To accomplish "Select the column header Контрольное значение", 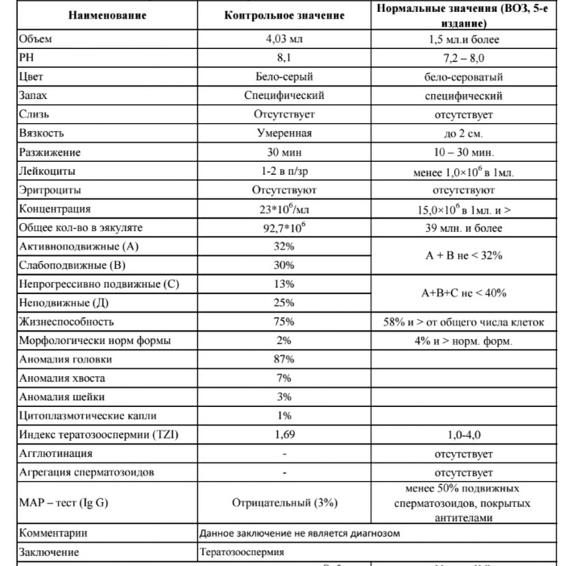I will [x=284, y=15].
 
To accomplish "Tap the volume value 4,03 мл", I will [x=284, y=39].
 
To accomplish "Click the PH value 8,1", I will [x=284, y=58].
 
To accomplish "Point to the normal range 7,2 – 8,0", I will [x=462, y=58].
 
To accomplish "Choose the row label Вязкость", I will [x=42, y=133].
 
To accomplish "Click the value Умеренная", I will [x=284, y=133].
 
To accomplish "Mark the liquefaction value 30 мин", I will [x=284, y=152].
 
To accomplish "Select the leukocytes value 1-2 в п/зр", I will [x=284, y=171].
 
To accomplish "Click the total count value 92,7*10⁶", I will [x=284, y=228].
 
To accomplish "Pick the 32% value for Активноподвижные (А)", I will [x=284, y=246].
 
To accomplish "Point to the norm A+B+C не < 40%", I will [x=462, y=293].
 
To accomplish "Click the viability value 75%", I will [x=284, y=322].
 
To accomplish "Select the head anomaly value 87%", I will [x=284, y=359].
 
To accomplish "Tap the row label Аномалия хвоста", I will [x=63, y=378].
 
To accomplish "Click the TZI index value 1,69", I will [x=284, y=435].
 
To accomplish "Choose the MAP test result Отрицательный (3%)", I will [x=284, y=501].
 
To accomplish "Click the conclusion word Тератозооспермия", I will [x=242, y=552].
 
